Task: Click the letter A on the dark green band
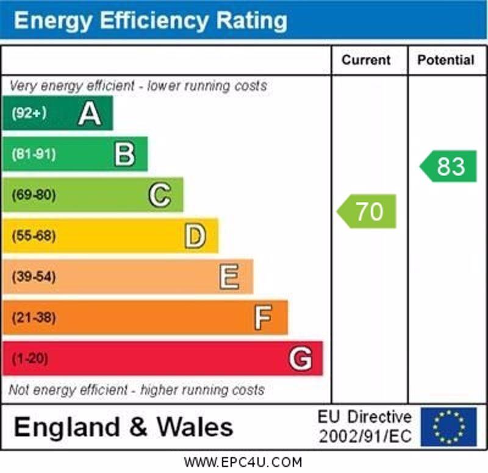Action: click(90, 113)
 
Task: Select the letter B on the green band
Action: click(124, 154)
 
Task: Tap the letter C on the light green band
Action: click(160, 195)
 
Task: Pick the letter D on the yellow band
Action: click(195, 236)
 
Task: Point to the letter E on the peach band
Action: click(229, 277)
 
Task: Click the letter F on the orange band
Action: click(263, 318)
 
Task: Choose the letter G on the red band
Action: click(300, 358)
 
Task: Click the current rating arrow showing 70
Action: click(367, 212)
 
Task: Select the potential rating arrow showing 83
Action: click(449, 166)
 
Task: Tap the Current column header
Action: click(366, 60)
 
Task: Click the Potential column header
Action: click(446, 60)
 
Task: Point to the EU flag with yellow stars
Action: click(448, 427)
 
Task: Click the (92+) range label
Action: click(29, 113)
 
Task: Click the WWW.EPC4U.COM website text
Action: click(243, 462)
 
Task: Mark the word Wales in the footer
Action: click(195, 427)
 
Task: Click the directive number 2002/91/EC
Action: click(365, 436)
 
